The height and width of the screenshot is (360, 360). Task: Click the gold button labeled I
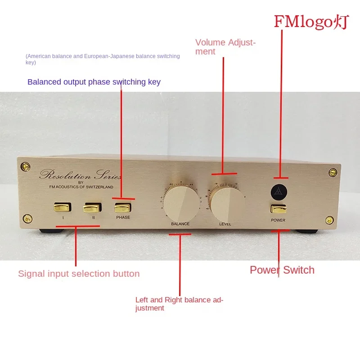click(x=63, y=207)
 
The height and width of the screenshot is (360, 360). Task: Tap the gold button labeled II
click(x=93, y=207)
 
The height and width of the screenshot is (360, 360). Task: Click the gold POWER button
click(x=278, y=209)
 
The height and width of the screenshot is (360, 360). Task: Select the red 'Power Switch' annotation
click(x=282, y=270)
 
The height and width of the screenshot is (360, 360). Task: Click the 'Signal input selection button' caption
click(x=79, y=274)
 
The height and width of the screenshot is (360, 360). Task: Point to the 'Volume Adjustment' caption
click(x=225, y=47)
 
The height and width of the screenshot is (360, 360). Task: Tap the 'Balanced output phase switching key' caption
click(x=94, y=82)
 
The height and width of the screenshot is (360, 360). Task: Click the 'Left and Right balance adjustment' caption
click(x=179, y=304)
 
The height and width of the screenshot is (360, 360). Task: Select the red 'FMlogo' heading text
click(x=311, y=22)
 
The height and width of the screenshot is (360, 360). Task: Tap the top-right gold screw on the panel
click(x=332, y=172)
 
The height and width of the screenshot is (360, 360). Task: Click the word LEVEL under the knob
click(x=225, y=224)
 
